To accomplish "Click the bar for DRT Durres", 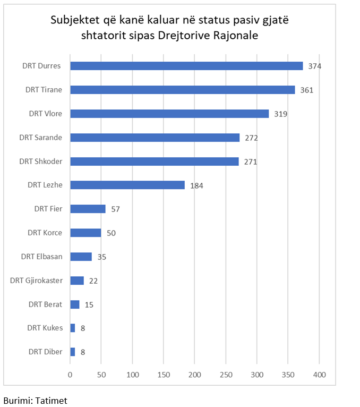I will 186,66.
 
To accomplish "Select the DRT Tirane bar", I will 182,90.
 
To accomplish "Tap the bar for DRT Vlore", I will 169,114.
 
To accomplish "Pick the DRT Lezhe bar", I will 127,185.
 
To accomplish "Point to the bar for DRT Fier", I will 88,209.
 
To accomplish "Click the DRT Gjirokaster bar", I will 77,281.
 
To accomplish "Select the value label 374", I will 315,66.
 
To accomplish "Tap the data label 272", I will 252,138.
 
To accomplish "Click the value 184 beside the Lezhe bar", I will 197,185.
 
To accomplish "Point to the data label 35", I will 102,257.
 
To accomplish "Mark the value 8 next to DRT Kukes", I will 83,328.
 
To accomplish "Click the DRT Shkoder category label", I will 41,162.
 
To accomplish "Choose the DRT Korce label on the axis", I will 45,233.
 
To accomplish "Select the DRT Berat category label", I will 45,304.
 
